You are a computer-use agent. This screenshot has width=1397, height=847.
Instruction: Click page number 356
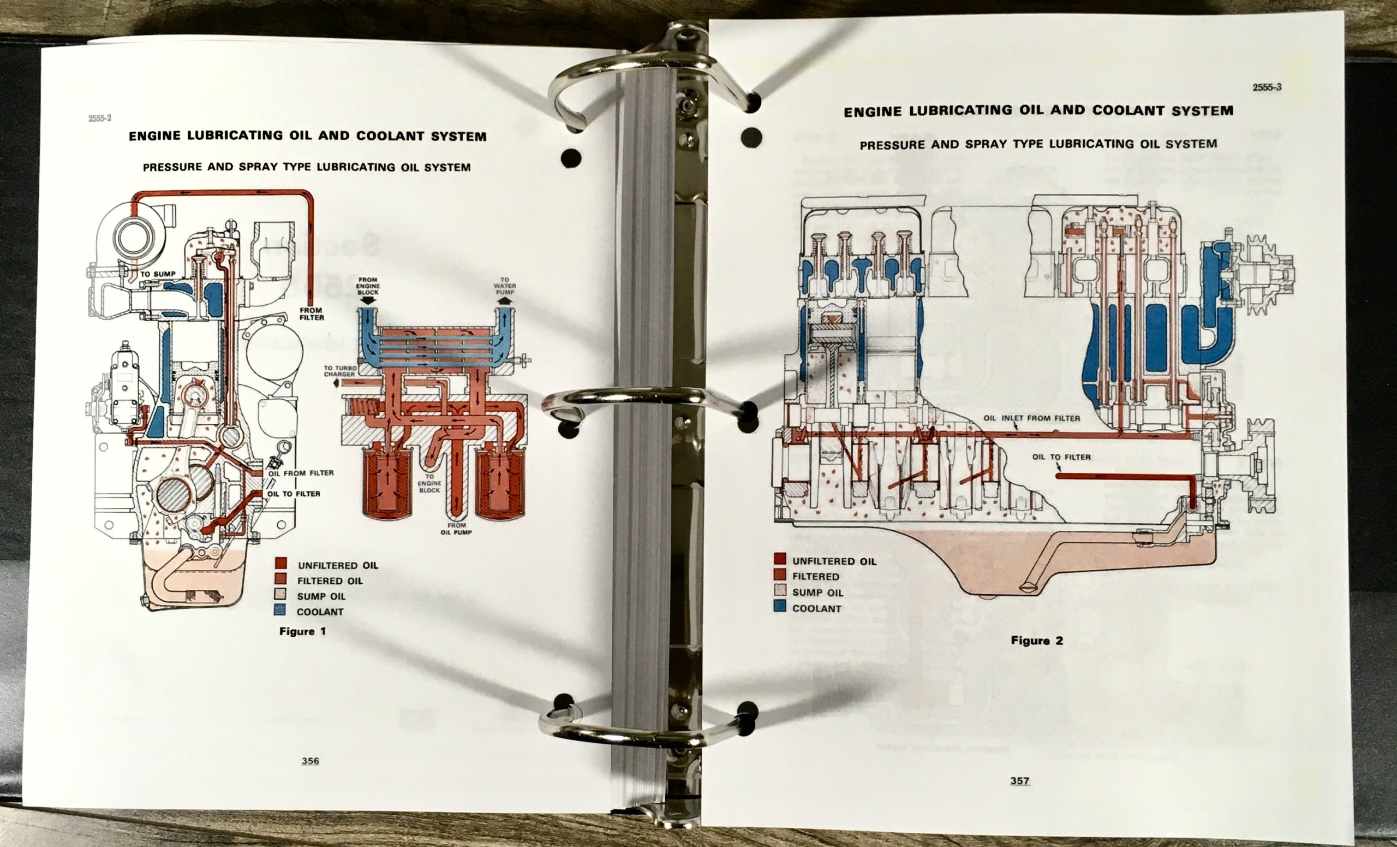[x=310, y=761]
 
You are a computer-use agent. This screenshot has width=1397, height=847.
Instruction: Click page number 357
[x=1019, y=780]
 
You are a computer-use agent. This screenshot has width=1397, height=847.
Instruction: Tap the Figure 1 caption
[x=302, y=631]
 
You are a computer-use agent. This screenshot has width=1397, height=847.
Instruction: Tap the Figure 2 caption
[x=1037, y=641]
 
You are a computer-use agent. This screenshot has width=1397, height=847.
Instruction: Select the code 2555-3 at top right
[x=1267, y=87]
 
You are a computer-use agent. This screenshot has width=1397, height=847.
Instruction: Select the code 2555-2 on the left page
[x=100, y=118]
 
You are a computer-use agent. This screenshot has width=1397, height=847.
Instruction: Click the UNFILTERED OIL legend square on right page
[x=780, y=560]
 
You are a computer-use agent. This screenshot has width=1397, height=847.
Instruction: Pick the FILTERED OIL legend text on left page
[x=330, y=581]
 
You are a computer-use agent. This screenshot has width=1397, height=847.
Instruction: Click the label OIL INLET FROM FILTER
[x=1031, y=418]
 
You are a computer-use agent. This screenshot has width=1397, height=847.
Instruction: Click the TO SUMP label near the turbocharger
[x=158, y=274]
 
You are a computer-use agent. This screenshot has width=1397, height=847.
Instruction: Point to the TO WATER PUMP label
[x=504, y=286]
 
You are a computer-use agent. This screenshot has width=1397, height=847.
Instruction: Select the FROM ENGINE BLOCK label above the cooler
[x=368, y=286]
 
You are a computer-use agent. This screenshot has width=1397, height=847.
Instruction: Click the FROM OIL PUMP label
[x=456, y=529]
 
